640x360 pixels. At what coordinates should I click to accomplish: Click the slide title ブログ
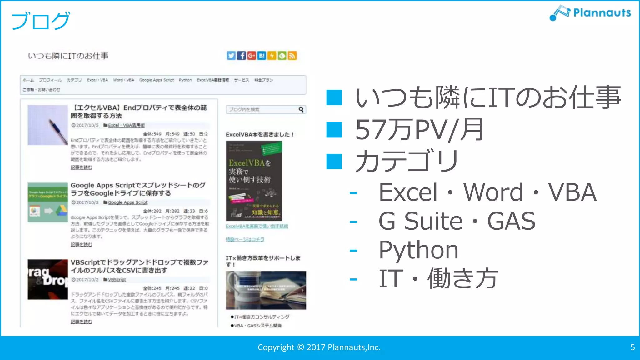point(41,21)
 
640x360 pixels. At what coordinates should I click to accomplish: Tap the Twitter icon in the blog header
point(231,56)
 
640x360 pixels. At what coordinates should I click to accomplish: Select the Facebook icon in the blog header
point(241,56)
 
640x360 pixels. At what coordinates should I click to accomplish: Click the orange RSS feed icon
point(292,56)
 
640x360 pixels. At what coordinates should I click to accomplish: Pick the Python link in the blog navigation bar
point(185,80)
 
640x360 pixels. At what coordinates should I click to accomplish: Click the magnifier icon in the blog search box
point(301,109)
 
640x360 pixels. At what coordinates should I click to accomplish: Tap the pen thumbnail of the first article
point(47,125)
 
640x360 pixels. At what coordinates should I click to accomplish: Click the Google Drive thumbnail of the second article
point(47,202)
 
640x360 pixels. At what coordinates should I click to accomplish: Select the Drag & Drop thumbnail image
point(47,279)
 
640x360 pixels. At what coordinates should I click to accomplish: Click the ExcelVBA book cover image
point(254,181)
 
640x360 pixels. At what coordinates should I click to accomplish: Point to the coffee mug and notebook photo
point(266,290)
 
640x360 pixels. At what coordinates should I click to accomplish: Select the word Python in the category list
point(418,250)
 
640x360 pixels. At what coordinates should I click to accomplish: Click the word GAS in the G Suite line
point(511,221)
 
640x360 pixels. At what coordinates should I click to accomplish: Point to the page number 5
point(632,347)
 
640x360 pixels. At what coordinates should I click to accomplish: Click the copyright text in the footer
point(319,347)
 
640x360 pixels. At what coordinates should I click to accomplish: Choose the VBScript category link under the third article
point(117,280)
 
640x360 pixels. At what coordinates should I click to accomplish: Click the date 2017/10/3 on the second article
point(87,202)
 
